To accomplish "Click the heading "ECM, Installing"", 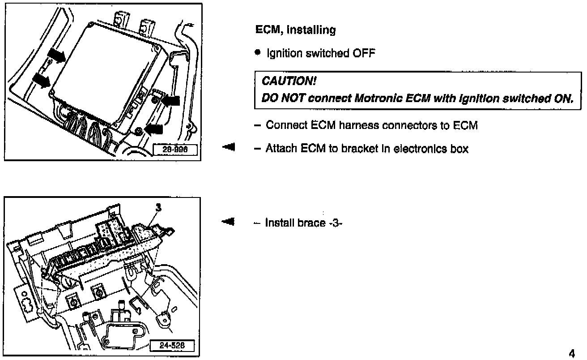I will (x=295, y=30).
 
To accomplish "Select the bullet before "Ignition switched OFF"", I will (x=257, y=53).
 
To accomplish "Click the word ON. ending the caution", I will (x=563, y=98).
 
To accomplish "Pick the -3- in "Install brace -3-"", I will (x=335, y=223).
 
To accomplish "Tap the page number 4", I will (x=571, y=353).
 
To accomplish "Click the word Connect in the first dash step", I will (x=284, y=125).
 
